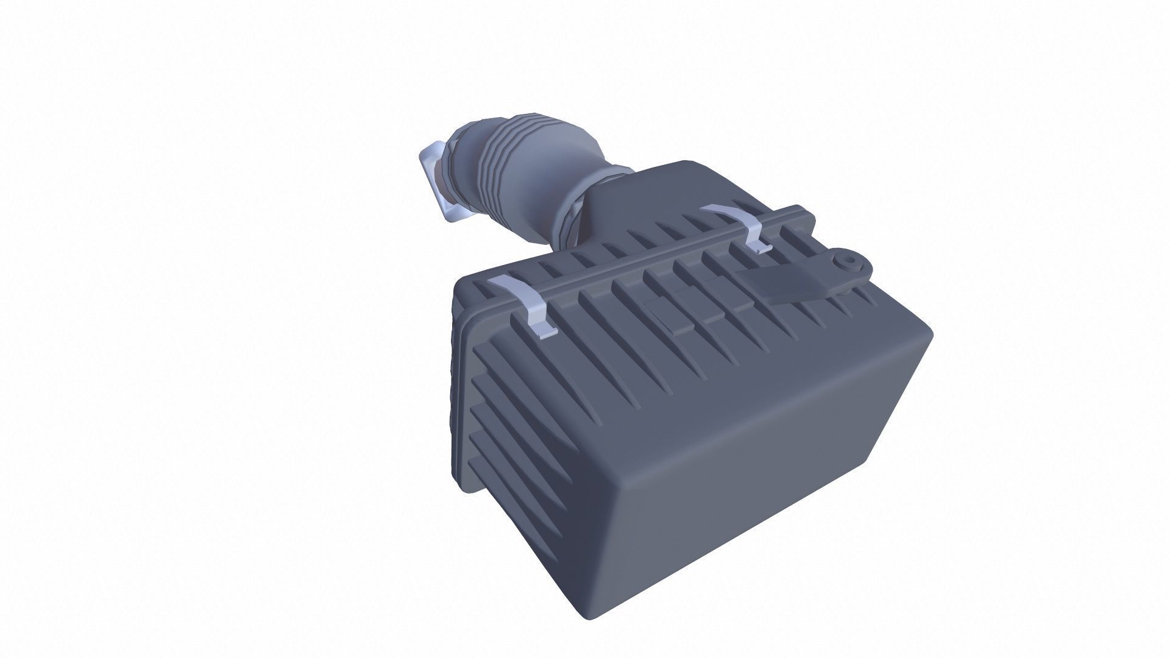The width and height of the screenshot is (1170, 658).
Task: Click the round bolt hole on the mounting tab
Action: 846,263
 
